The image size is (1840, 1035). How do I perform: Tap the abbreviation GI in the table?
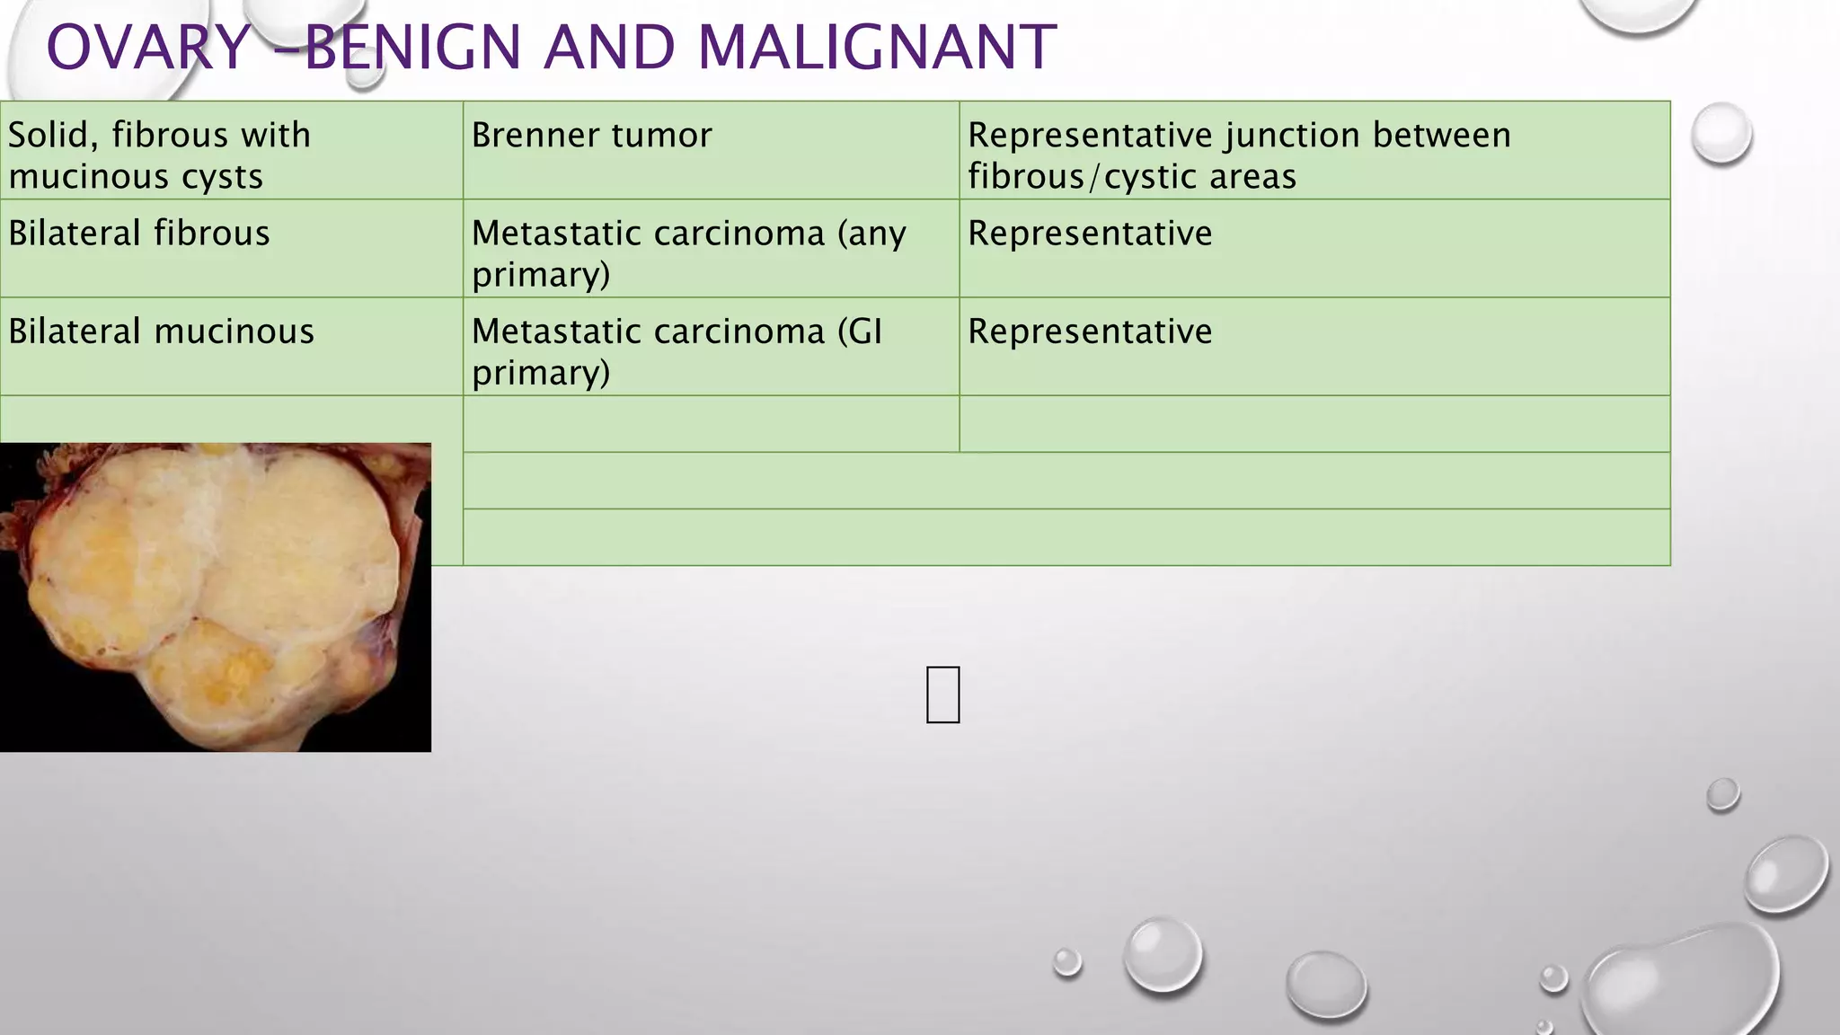coord(865,332)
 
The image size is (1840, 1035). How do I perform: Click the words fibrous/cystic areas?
coord(1132,177)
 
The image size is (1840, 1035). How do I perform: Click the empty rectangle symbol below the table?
coord(942,694)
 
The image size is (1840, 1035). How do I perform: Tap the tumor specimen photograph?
coord(216,597)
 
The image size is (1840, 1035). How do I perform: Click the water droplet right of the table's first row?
coord(1721,133)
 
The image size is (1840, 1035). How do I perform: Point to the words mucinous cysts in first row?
coord(136,177)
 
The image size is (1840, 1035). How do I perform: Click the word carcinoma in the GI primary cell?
coord(737,332)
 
